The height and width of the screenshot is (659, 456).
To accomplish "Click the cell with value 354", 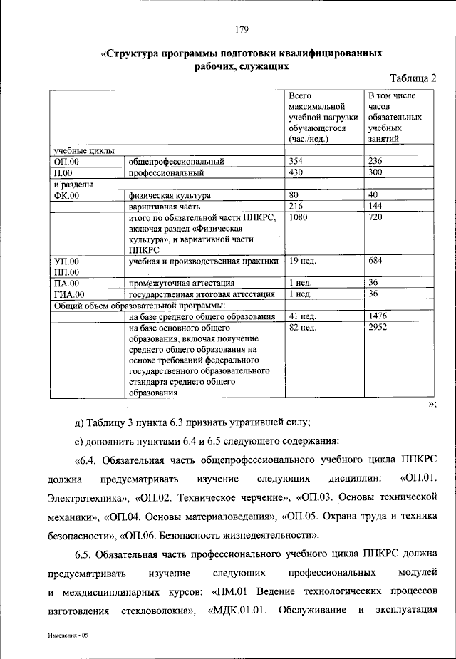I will coord(296,161).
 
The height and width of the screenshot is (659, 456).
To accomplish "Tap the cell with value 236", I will coord(375,161).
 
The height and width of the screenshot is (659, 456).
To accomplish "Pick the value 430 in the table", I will coord(296,172).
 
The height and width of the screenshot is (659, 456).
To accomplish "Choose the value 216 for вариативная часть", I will coord(296,206).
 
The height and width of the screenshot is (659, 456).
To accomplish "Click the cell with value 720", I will coord(375,217).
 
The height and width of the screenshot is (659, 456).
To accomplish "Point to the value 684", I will coord(375,261).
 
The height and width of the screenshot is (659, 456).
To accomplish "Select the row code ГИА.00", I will coord(69,294).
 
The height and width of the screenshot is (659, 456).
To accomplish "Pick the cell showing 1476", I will coord(378,316).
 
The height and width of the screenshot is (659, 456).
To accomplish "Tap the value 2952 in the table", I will coord(378,328).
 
